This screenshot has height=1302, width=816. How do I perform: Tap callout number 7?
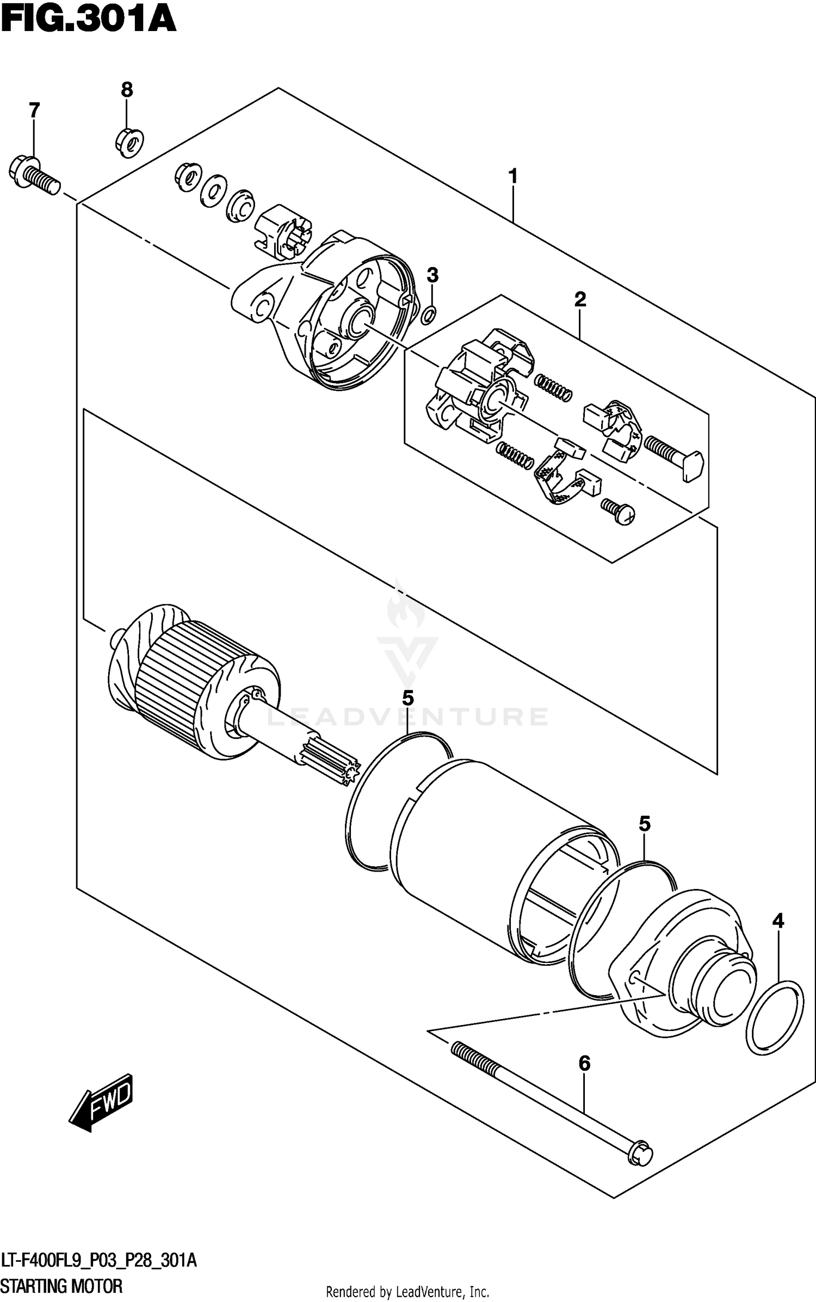click(34, 110)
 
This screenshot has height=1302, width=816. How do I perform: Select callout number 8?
click(126, 89)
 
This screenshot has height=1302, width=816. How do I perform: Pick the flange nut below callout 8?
click(129, 142)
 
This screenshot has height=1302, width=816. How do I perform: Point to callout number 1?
click(512, 176)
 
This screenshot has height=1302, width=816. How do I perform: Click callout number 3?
click(432, 275)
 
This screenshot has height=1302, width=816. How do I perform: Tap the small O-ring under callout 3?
click(429, 313)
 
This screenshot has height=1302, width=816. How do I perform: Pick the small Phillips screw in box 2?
click(619, 511)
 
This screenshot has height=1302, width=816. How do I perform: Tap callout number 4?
click(778, 921)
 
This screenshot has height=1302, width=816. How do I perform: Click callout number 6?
click(584, 1063)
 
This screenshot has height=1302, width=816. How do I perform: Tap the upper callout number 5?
click(407, 698)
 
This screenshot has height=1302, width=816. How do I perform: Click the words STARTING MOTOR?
click(61, 1286)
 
